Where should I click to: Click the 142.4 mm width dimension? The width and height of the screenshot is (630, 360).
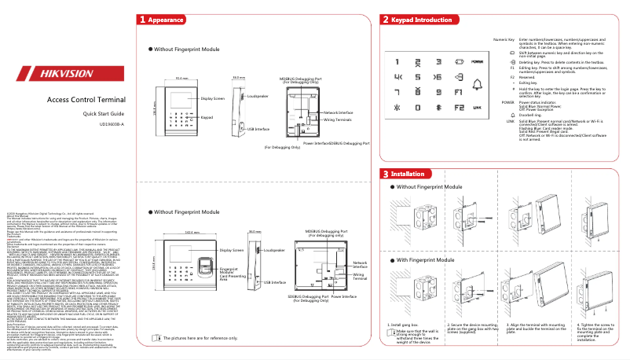(x=189, y=233)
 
